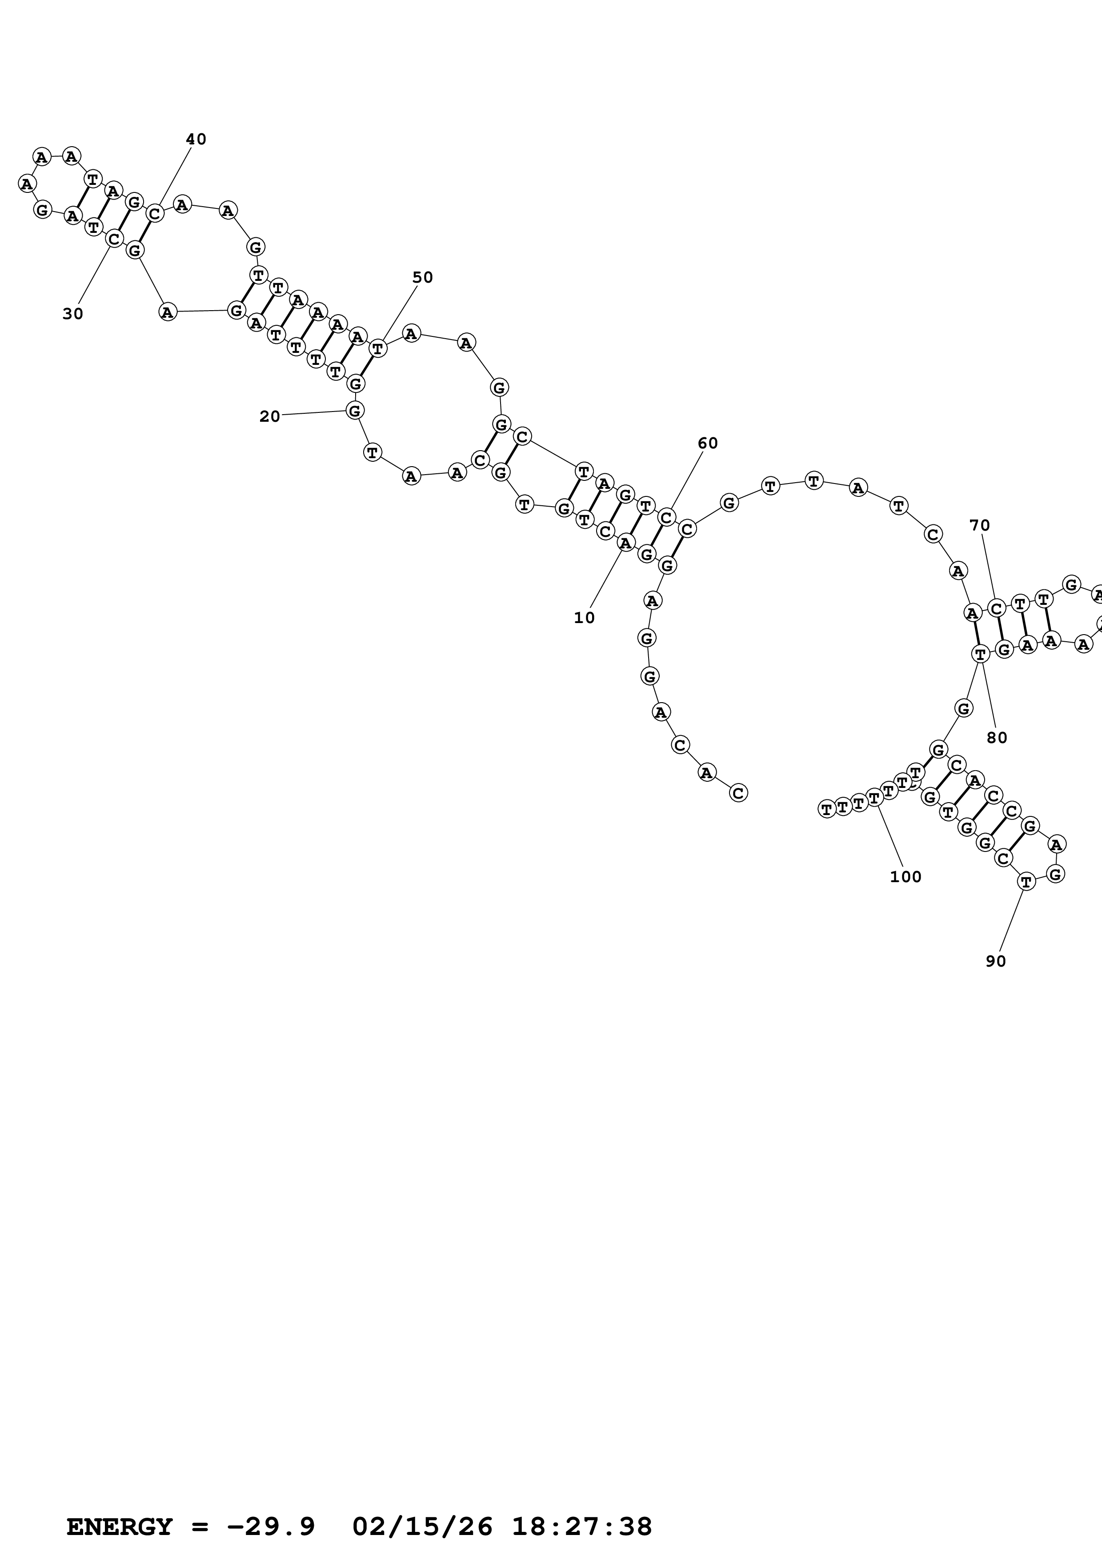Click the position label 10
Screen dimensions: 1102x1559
(584, 618)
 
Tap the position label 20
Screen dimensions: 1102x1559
(269, 417)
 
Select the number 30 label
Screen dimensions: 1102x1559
(72, 314)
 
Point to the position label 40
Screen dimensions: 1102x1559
(196, 139)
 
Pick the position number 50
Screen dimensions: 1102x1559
(422, 277)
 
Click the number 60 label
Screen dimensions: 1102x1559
(708, 444)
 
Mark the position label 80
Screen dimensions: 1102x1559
(997, 738)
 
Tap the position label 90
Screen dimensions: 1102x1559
(995, 961)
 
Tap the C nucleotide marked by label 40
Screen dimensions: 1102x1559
(155, 214)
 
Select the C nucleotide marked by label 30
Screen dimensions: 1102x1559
(114, 238)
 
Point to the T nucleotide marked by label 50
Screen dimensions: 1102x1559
(377, 349)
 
